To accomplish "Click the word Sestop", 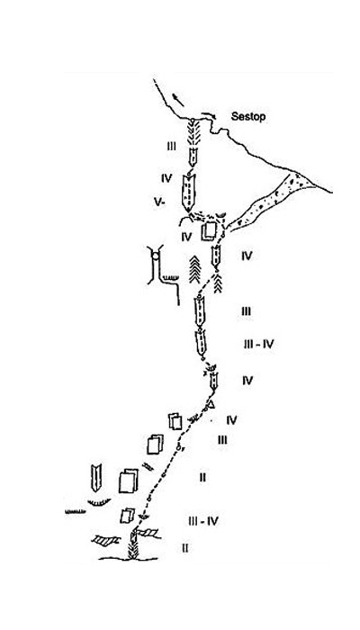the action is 247,117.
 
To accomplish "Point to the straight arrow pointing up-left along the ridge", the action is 178,100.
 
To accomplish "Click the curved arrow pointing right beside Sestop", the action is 209,115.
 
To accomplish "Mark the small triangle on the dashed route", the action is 211,404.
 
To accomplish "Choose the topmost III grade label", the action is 172,147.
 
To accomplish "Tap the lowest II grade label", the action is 184,548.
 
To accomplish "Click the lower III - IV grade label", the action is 203,521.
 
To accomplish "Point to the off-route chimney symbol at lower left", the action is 96,478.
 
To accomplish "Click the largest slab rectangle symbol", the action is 128,481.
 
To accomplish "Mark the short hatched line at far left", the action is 75,512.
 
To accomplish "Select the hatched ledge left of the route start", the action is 105,540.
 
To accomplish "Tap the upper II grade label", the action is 202,477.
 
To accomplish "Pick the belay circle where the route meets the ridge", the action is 193,120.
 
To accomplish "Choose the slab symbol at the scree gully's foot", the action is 210,231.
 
